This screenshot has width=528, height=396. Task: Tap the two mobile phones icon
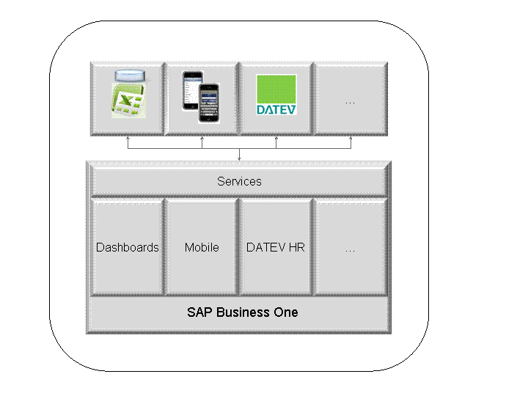(x=202, y=91)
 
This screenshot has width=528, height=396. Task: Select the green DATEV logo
(x=276, y=95)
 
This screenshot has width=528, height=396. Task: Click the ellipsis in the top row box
(x=350, y=102)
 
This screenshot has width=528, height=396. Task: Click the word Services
(x=239, y=181)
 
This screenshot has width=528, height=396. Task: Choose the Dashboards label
(x=128, y=247)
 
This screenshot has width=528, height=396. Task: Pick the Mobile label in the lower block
(x=202, y=247)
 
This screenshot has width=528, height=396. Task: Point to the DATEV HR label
(x=276, y=247)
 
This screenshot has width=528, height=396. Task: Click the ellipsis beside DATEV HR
(x=350, y=249)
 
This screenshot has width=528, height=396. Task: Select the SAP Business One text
(x=242, y=312)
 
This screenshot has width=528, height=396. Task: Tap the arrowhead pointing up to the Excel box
(x=128, y=138)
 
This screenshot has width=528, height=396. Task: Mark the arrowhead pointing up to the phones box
(x=202, y=138)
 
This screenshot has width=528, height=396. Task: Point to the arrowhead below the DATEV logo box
(x=276, y=138)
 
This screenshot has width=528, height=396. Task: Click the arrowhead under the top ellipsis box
(x=350, y=138)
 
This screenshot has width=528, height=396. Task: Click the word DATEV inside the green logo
(x=276, y=109)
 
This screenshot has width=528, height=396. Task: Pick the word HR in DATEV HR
(x=296, y=247)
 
